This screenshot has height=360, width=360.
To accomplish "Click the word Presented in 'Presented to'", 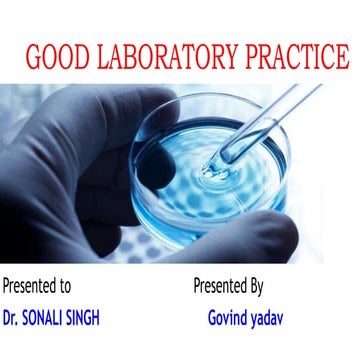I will point(30,286).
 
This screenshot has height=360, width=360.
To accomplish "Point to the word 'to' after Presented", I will point(65,286).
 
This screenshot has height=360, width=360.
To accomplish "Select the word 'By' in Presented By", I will point(255,286).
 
